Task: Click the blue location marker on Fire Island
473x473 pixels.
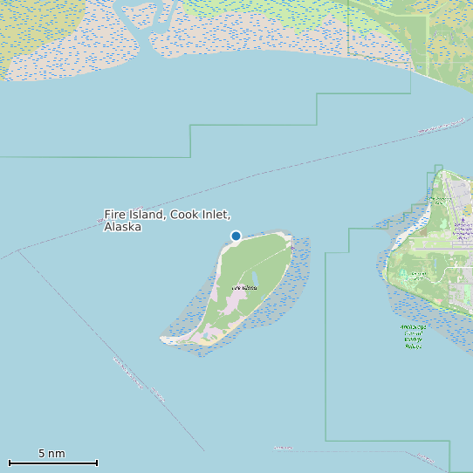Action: click(x=236, y=236)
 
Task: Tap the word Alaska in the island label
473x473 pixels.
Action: click(x=122, y=227)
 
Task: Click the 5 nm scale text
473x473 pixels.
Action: click(x=51, y=454)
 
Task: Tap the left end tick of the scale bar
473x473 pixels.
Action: click(x=10, y=463)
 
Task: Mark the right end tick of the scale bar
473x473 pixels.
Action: click(x=97, y=463)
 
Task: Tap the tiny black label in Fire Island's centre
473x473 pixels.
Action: click(x=244, y=288)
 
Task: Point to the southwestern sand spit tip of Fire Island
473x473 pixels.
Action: click(x=163, y=340)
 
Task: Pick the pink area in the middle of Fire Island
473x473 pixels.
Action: click(x=231, y=304)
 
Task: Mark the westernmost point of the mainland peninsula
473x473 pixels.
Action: click(x=385, y=267)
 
